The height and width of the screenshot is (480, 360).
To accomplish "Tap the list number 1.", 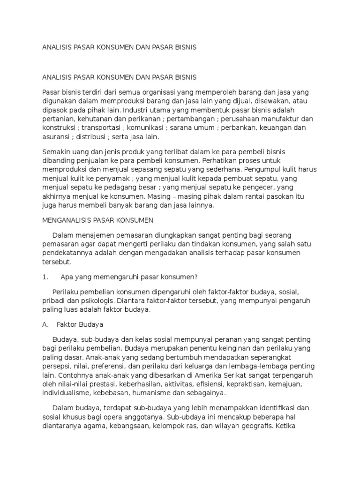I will click(45, 277).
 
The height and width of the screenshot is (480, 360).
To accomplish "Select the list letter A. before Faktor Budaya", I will click(45, 324).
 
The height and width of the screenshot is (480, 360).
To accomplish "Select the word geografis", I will click(252, 427).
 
